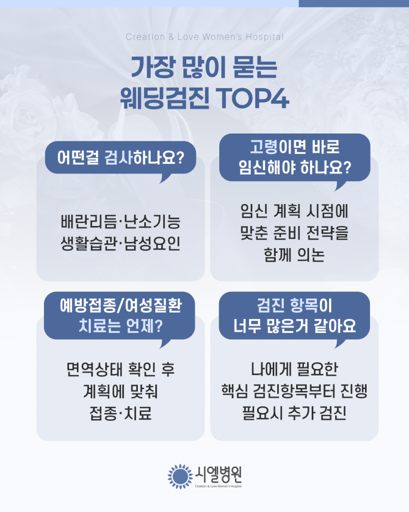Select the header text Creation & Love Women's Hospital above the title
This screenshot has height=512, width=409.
(x=205, y=37)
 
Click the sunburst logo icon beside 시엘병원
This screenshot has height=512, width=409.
(x=180, y=475)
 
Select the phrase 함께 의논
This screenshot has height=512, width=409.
(x=294, y=255)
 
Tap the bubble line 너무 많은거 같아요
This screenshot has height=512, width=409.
(x=295, y=326)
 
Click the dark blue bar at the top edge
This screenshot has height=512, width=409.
(x=354, y=3)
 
